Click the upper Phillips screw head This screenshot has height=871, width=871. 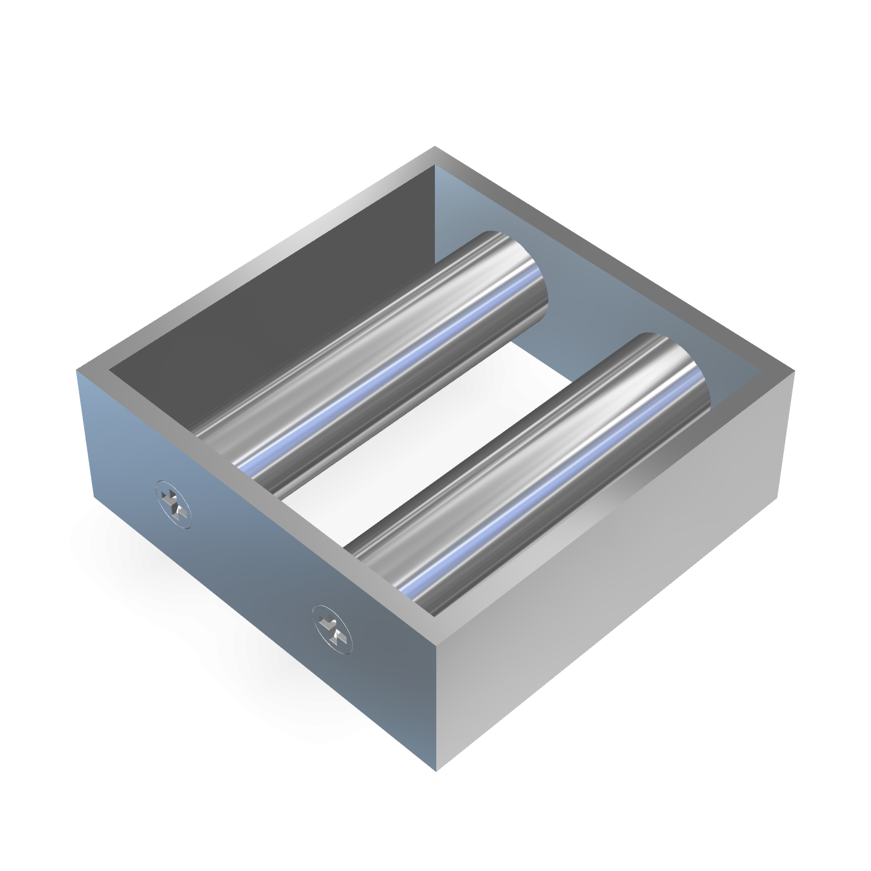(x=173, y=500)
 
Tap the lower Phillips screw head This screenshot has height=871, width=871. (x=331, y=629)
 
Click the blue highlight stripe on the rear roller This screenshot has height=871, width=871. (x=387, y=375)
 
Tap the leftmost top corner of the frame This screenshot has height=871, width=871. (x=77, y=370)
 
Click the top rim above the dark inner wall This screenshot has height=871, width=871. (x=254, y=254)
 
